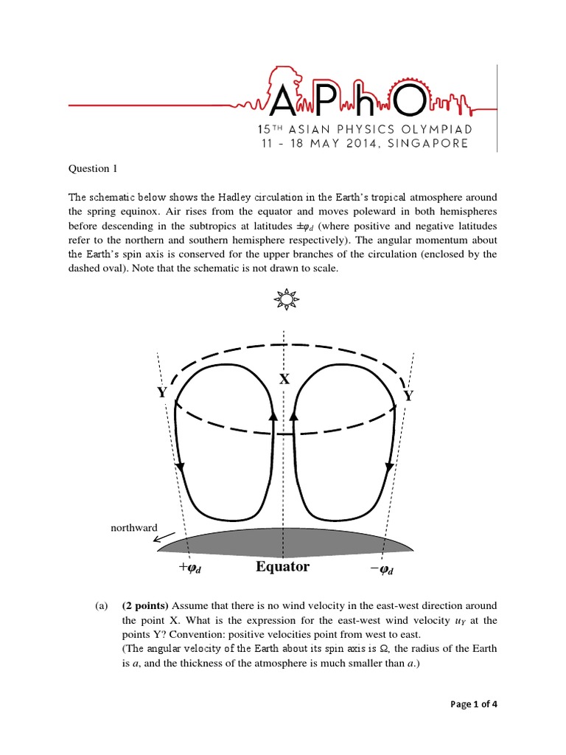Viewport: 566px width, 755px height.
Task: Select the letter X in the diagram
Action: tap(284, 379)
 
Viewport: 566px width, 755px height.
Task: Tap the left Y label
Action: tap(161, 393)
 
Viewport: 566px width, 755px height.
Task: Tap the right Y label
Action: tap(408, 397)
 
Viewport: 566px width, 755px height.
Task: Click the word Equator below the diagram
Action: tap(282, 566)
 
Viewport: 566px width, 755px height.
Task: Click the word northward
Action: tap(133, 528)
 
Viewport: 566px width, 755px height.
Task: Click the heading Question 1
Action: tap(93, 169)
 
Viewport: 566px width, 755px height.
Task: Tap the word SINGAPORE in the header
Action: tap(428, 144)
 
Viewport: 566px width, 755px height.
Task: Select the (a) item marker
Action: tap(101, 606)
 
